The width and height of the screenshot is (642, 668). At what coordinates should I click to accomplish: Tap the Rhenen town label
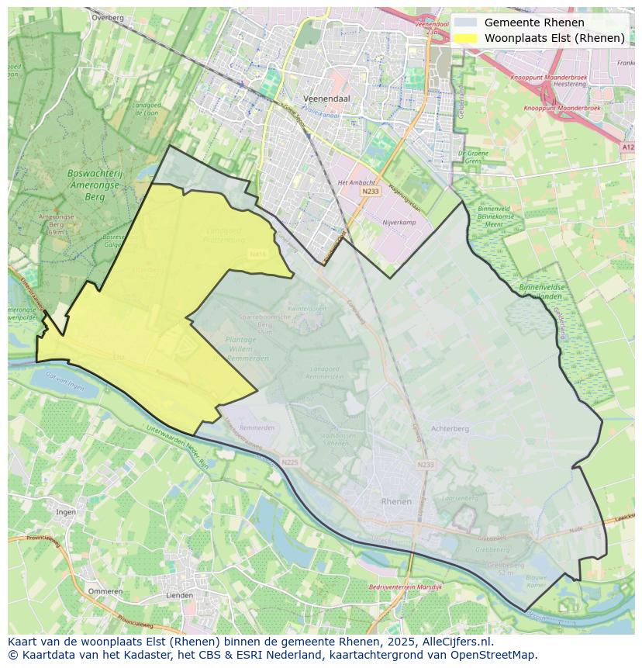click(396, 502)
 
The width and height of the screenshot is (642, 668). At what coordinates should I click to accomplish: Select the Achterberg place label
click(450, 428)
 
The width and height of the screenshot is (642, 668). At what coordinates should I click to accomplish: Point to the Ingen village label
click(65, 512)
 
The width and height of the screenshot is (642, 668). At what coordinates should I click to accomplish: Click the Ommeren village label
click(105, 591)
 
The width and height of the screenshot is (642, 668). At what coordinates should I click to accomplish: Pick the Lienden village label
click(179, 596)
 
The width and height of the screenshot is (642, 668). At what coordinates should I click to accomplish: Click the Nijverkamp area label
click(399, 221)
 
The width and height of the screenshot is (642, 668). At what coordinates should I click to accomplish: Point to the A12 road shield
click(627, 146)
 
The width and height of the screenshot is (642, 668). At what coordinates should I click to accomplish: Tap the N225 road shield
click(290, 462)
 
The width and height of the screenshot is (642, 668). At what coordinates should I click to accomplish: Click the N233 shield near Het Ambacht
click(371, 191)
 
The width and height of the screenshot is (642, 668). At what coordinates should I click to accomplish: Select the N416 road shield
click(258, 254)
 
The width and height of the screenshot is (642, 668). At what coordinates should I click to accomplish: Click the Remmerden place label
click(257, 428)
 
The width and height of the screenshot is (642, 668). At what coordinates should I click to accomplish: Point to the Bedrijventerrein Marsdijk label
click(405, 587)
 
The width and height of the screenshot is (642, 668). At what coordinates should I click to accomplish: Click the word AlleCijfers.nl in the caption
click(457, 642)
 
